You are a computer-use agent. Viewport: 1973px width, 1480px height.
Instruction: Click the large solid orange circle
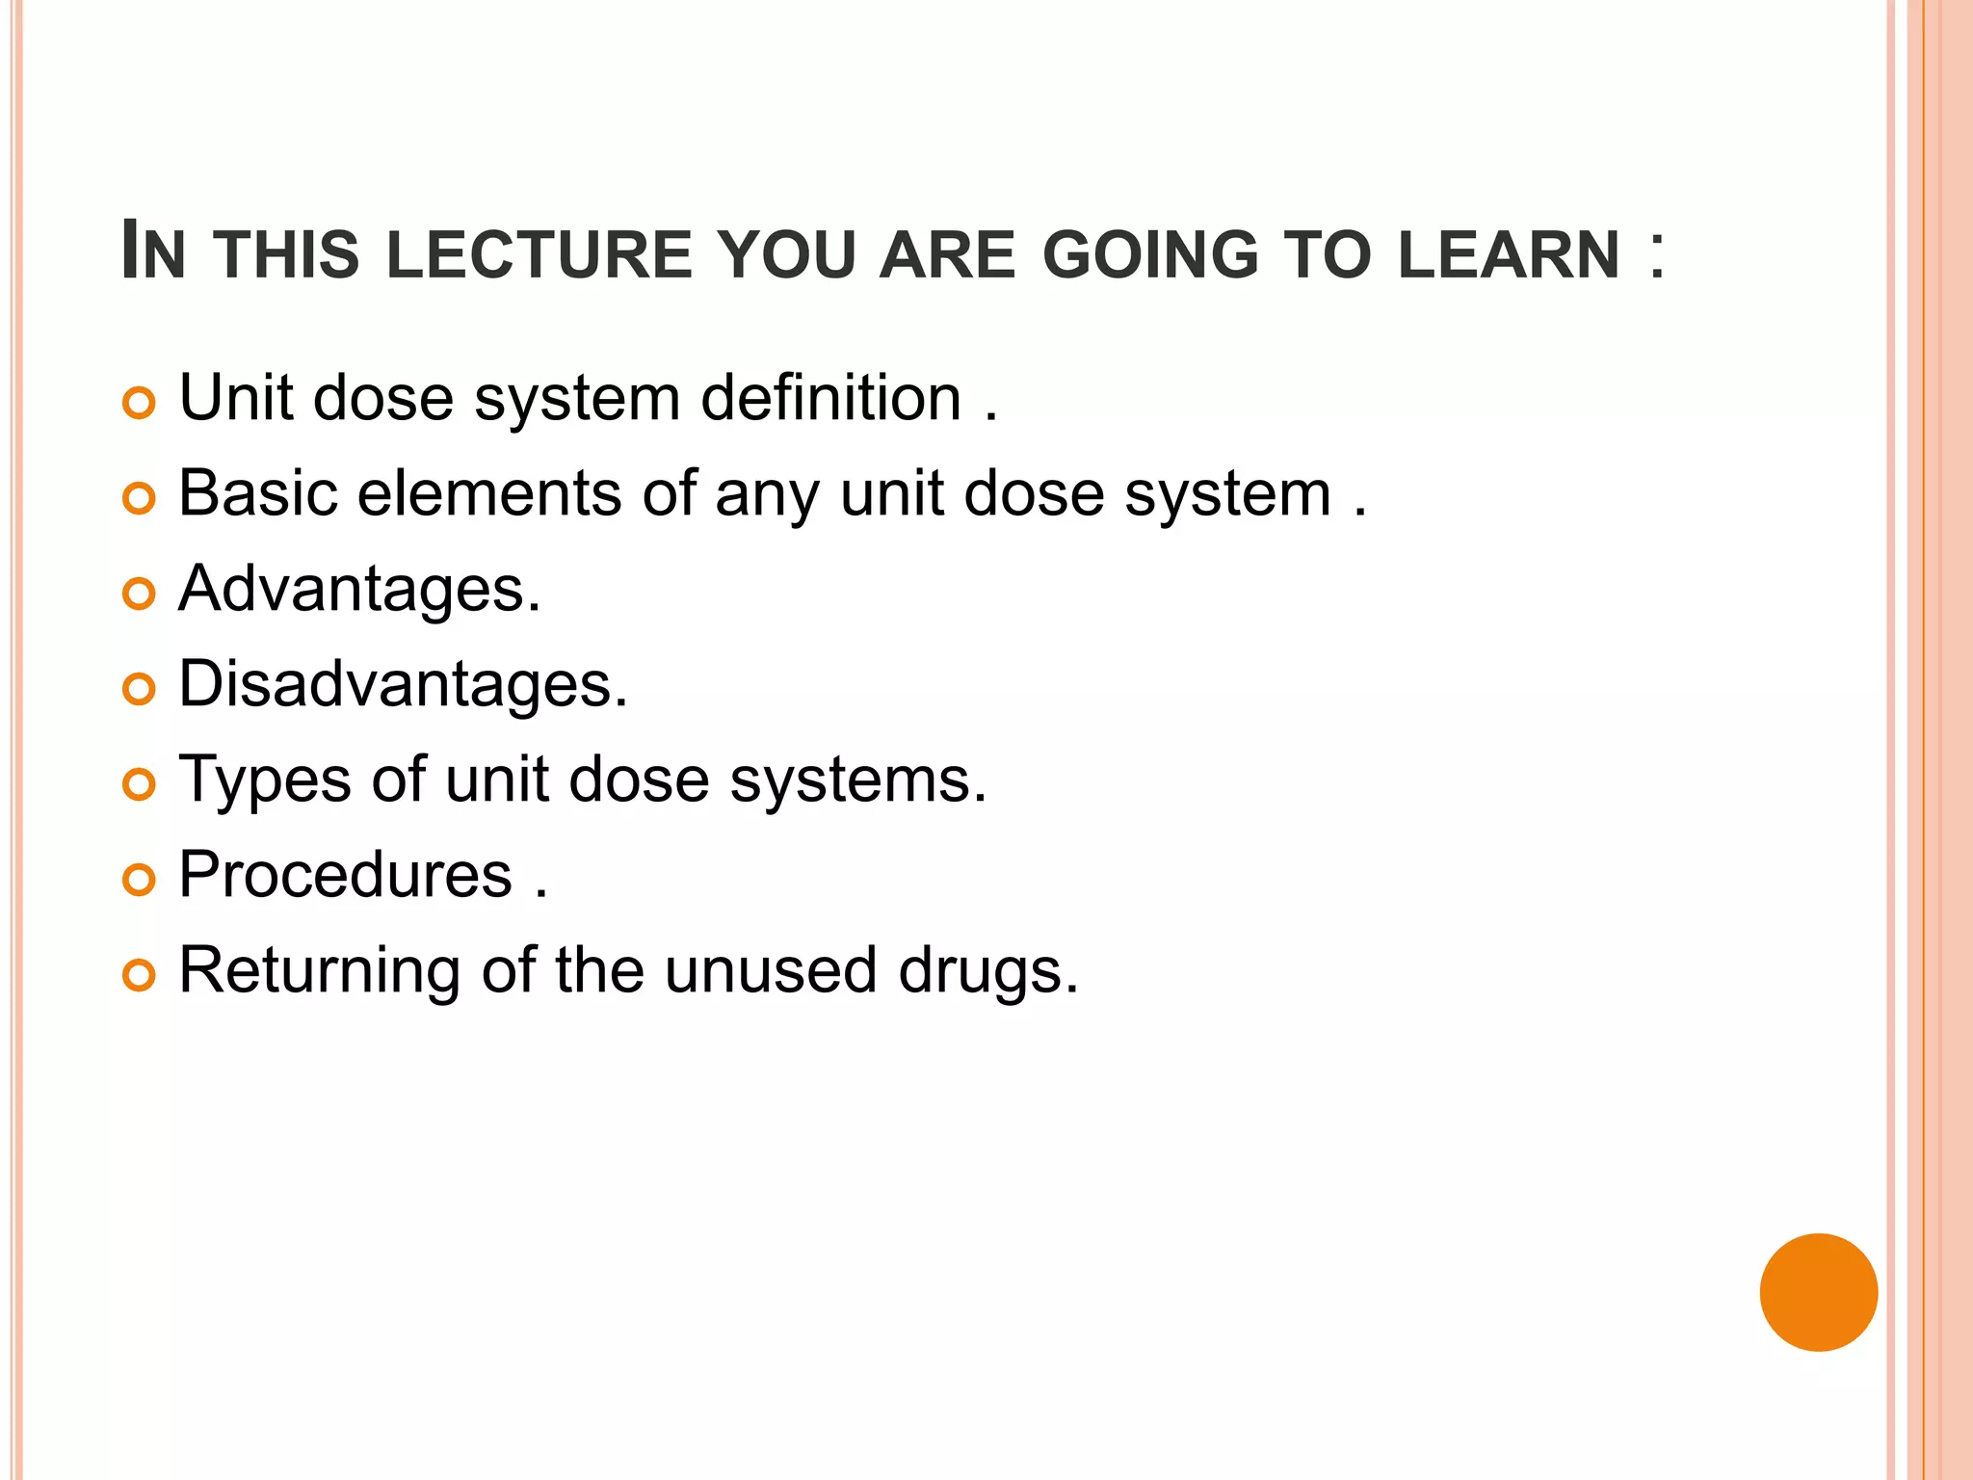[x=1818, y=1292]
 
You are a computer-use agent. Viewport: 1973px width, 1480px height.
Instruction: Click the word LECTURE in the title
[x=539, y=255]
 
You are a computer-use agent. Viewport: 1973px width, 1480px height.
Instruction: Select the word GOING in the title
[x=1150, y=255]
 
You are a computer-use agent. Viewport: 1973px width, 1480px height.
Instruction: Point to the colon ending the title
[x=1656, y=255]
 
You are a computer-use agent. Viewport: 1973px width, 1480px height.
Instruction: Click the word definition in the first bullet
[x=830, y=398]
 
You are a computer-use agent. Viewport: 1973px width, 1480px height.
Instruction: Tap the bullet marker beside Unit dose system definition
[x=140, y=403]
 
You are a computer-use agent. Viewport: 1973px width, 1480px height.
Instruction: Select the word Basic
[x=258, y=493]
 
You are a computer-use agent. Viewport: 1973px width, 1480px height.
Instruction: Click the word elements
[x=489, y=493]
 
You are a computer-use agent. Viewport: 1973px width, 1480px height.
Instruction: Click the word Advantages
[x=359, y=589]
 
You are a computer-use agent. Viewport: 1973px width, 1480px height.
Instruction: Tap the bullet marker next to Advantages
[x=140, y=594]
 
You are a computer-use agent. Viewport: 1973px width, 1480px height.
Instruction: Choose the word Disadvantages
[x=403, y=684]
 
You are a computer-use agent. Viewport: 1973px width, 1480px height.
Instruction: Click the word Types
[x=265, y=780]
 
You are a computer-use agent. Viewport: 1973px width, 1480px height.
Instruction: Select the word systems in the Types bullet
[x=857, y=780]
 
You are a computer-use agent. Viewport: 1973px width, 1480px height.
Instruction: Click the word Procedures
[x=346, y=875]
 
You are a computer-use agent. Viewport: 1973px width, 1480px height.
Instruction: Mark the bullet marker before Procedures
[x=140, y=880]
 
